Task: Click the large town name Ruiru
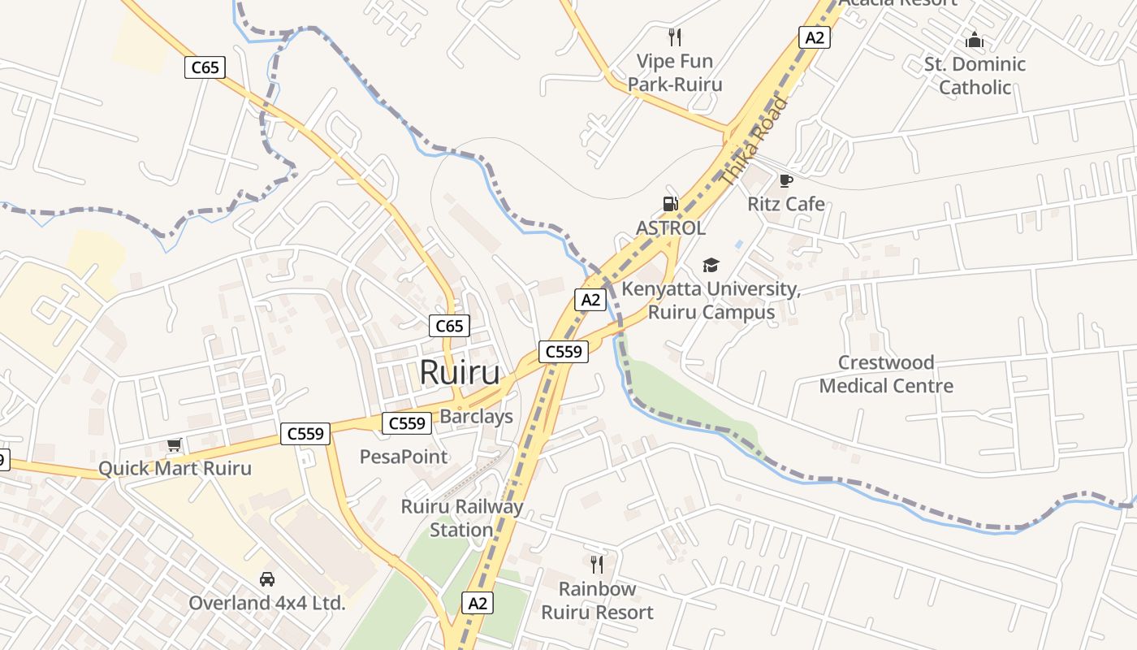pyautogui.click(x=460, y=373)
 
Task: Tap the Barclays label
pyautogui.click(x=476, y=417)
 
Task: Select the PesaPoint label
pyautogui.click(x=404, y=457)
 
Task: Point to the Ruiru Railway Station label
pyautogui.click(x=462, y=518)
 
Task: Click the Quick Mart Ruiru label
pyautogui.click(x=175, y=469)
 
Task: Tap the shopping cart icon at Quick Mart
pyautogui.click(x=174, y=444)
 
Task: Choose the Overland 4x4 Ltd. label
pyautogui.click(x=267, y=603)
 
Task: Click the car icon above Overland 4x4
pyautogui.click(x=266, y=579)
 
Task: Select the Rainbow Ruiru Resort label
pyautogui.click(x=597, y=600)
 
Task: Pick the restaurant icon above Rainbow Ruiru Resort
pyautogui.click(x=597, y=564)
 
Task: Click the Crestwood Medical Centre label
pyautogui.click(x=886, y=374)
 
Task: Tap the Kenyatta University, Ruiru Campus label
pyautogui.click(x=711, y=301)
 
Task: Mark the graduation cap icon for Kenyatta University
pyautogui.click(x=711, y=265)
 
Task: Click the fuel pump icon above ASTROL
pyautogui.click(x=670, y=204)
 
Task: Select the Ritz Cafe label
pyautogui.click(x=786, y=204)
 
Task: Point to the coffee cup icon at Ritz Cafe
pyautogui.click(x=785, y=180)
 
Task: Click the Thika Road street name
pyautogui.click(x=754, y=141)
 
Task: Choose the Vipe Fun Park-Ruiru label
pyautogui.click(x=675, y=72)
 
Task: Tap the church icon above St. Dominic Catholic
pyautogui.click(x=975, y=39)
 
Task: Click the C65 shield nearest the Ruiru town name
pyautogui.click(x=449, y=327)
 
